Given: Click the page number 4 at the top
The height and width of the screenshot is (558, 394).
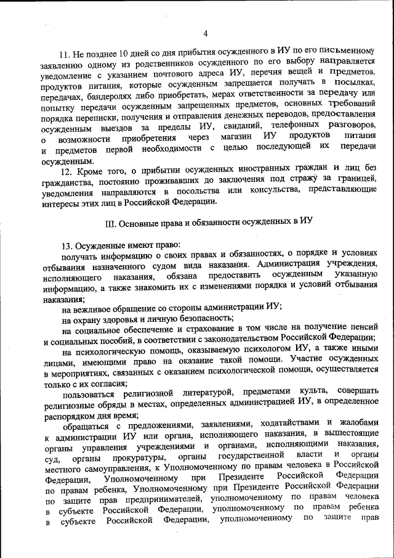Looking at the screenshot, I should tap(206, 33).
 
